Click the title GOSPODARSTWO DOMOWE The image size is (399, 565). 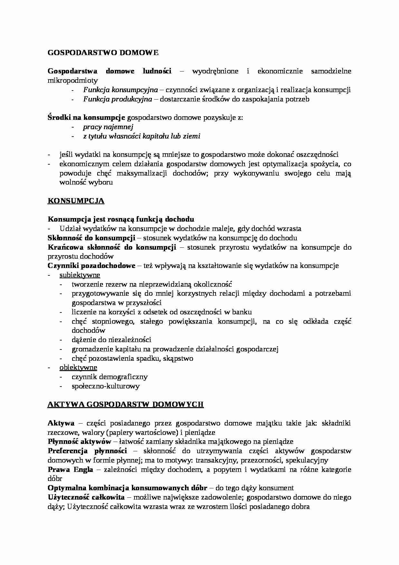[x=103, y=53]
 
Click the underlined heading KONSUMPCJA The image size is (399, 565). [x=76, y=201]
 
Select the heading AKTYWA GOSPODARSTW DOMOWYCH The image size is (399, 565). [x=125, y=404]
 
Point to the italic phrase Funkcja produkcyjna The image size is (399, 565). [x=117, y=99]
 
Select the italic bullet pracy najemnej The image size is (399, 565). [x=108, y=127]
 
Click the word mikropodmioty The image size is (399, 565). [x=73, y=80]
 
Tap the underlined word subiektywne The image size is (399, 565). [x=80, y=275]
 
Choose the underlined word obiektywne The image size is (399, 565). [x=78, y=368]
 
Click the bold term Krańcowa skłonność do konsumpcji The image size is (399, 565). [x=112, y=247]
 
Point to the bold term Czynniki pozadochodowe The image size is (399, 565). [x=91, y=266]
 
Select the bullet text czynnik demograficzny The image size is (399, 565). [x=109, y=377]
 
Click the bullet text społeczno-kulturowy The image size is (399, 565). [x=106, y=386]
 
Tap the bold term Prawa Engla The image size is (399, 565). [x=70, y=470]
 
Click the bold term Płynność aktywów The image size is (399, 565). [x=79, y=442]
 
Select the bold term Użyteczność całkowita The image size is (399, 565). [x=86, y=497]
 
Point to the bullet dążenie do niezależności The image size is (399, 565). [x=111, y=340]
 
